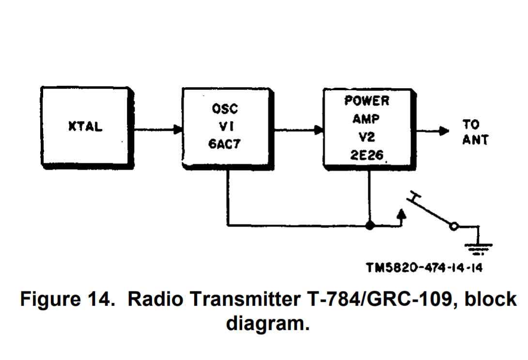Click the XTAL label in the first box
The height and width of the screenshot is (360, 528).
(85, 127)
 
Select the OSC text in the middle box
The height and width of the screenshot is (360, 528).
(225, 109)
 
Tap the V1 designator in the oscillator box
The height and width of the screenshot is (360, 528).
(225, 126)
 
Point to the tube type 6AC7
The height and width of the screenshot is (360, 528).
(225, 144)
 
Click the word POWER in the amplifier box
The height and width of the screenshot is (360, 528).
(367, 101)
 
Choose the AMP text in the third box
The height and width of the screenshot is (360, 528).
(367, 119)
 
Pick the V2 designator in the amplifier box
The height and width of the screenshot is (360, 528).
(367, 137)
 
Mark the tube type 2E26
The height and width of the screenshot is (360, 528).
(367, 155)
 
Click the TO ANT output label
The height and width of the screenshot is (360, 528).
(475, 132)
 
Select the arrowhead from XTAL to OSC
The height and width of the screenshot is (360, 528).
(178, 130)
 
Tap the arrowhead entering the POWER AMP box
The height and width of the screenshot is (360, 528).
(318, 130)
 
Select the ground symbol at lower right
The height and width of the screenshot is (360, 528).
(479, 247)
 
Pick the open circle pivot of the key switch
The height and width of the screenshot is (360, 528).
(454, 226)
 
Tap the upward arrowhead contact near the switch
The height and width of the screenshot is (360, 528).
(401, 214)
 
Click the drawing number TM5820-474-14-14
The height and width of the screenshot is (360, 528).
(424, 267)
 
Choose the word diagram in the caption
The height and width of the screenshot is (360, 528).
(267, 323)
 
